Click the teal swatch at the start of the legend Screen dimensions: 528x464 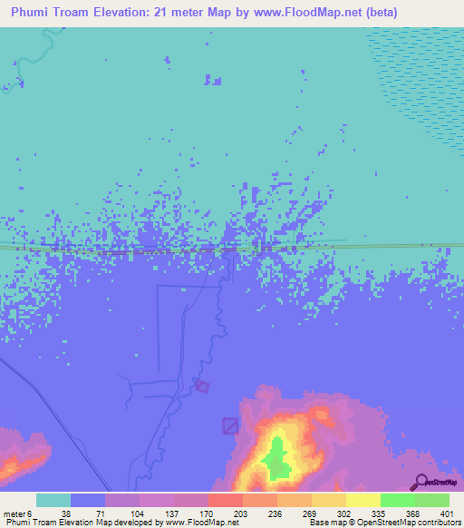[53, 500]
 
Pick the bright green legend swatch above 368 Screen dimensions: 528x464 [397, 500]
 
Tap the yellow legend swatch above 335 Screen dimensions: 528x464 [362, 500]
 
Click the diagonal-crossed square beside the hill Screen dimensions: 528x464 [231, 425]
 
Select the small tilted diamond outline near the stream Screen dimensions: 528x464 [202, 386]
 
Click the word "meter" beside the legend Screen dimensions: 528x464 [13, 513]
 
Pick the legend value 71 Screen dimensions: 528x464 [100, 513]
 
